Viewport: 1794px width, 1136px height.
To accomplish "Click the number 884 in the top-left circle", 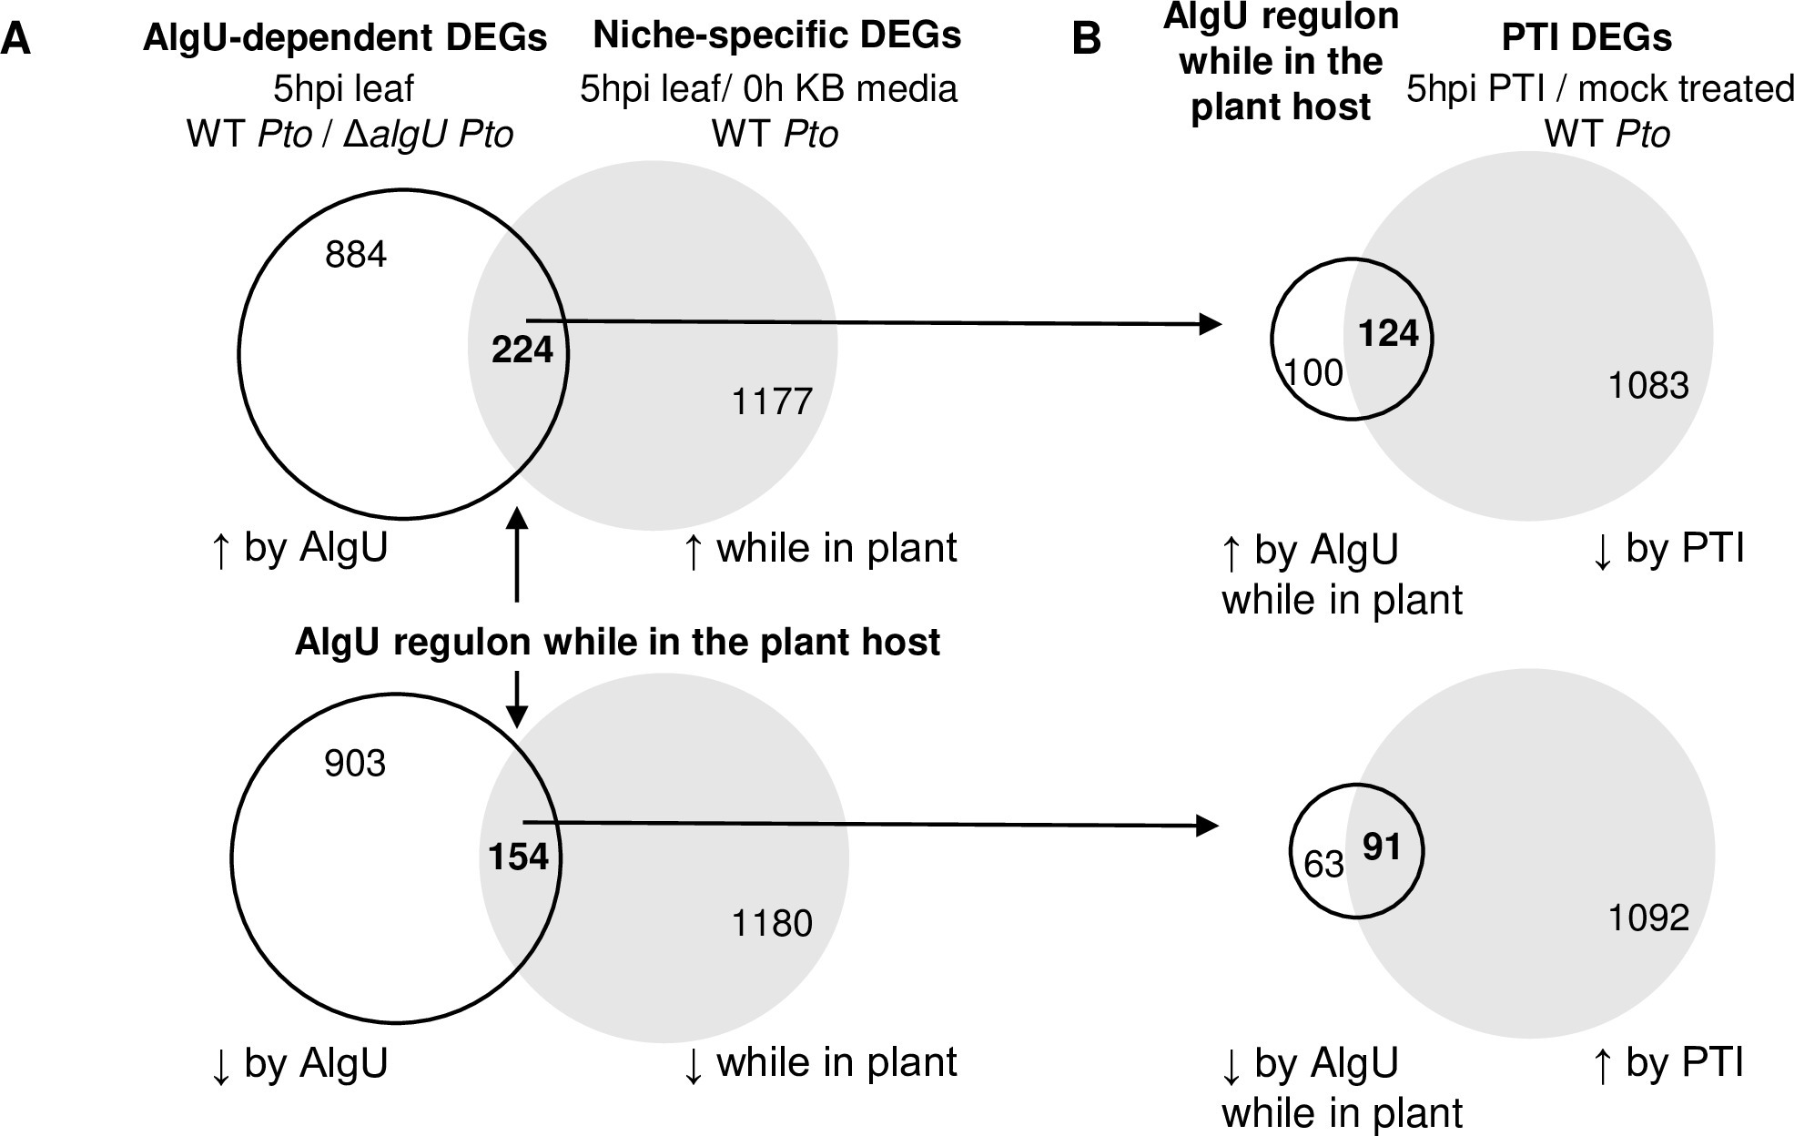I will (356, 254).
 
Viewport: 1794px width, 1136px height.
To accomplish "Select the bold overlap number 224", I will (522, 350).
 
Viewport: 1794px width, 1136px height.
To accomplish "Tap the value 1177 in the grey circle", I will (772, 401).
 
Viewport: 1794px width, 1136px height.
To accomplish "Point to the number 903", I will (355, 763).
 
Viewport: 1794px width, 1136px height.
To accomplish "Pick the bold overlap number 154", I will (519, 857).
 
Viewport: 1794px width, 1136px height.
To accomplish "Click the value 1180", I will (772, 924).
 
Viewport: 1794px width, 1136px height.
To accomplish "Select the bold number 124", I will (1388, 334).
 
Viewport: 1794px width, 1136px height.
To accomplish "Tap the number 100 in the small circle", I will (1313, 373).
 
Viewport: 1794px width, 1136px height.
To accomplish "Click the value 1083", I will (1648, 386).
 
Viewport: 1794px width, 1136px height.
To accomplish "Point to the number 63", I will (1323, 864).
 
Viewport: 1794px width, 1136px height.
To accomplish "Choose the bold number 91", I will (1382, 847).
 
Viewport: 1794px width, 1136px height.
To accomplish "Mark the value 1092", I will (1648, 918).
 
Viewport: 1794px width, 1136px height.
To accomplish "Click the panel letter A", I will (16, 41).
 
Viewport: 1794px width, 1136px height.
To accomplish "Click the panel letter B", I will (1088, 41).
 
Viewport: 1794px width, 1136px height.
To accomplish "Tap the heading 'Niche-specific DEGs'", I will (776, 35).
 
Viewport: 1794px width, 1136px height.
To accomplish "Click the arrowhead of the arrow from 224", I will (1211, 324).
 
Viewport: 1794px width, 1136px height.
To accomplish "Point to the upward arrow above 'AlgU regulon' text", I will (516, 523).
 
